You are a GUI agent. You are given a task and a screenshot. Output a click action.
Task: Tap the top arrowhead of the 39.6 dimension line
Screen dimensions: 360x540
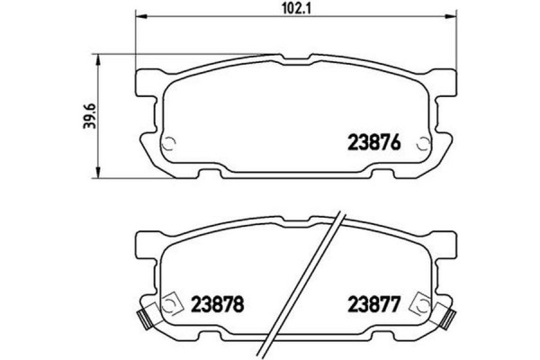pyautogui.click(x=97, y=56)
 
